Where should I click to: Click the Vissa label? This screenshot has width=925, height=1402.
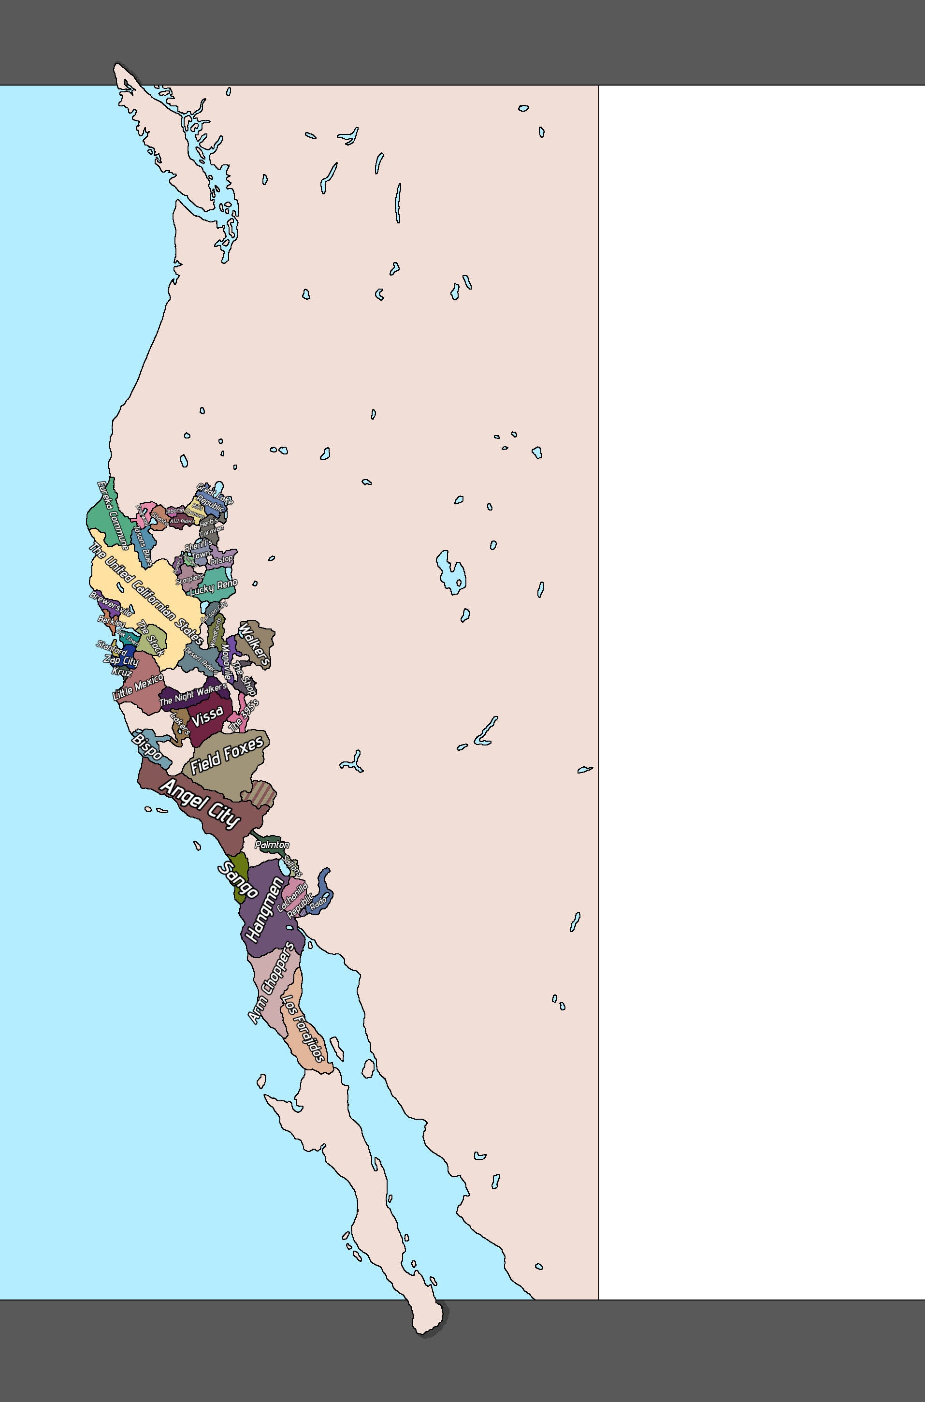[207, 716]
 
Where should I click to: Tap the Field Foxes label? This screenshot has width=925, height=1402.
[227, 755]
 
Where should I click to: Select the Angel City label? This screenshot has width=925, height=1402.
[201, 803]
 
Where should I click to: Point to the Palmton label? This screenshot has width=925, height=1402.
[272, 845]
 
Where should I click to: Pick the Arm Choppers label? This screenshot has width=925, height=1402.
[271, 983]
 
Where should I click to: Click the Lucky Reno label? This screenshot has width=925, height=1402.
[214, 586]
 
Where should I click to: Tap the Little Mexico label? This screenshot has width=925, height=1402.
[138, 687]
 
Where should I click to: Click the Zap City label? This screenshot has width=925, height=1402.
[121, 660]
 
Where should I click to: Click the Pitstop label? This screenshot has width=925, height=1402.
[221, 559]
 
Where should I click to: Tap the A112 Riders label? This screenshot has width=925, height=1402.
[181, 522]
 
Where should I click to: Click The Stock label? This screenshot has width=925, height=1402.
[150, 638]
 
